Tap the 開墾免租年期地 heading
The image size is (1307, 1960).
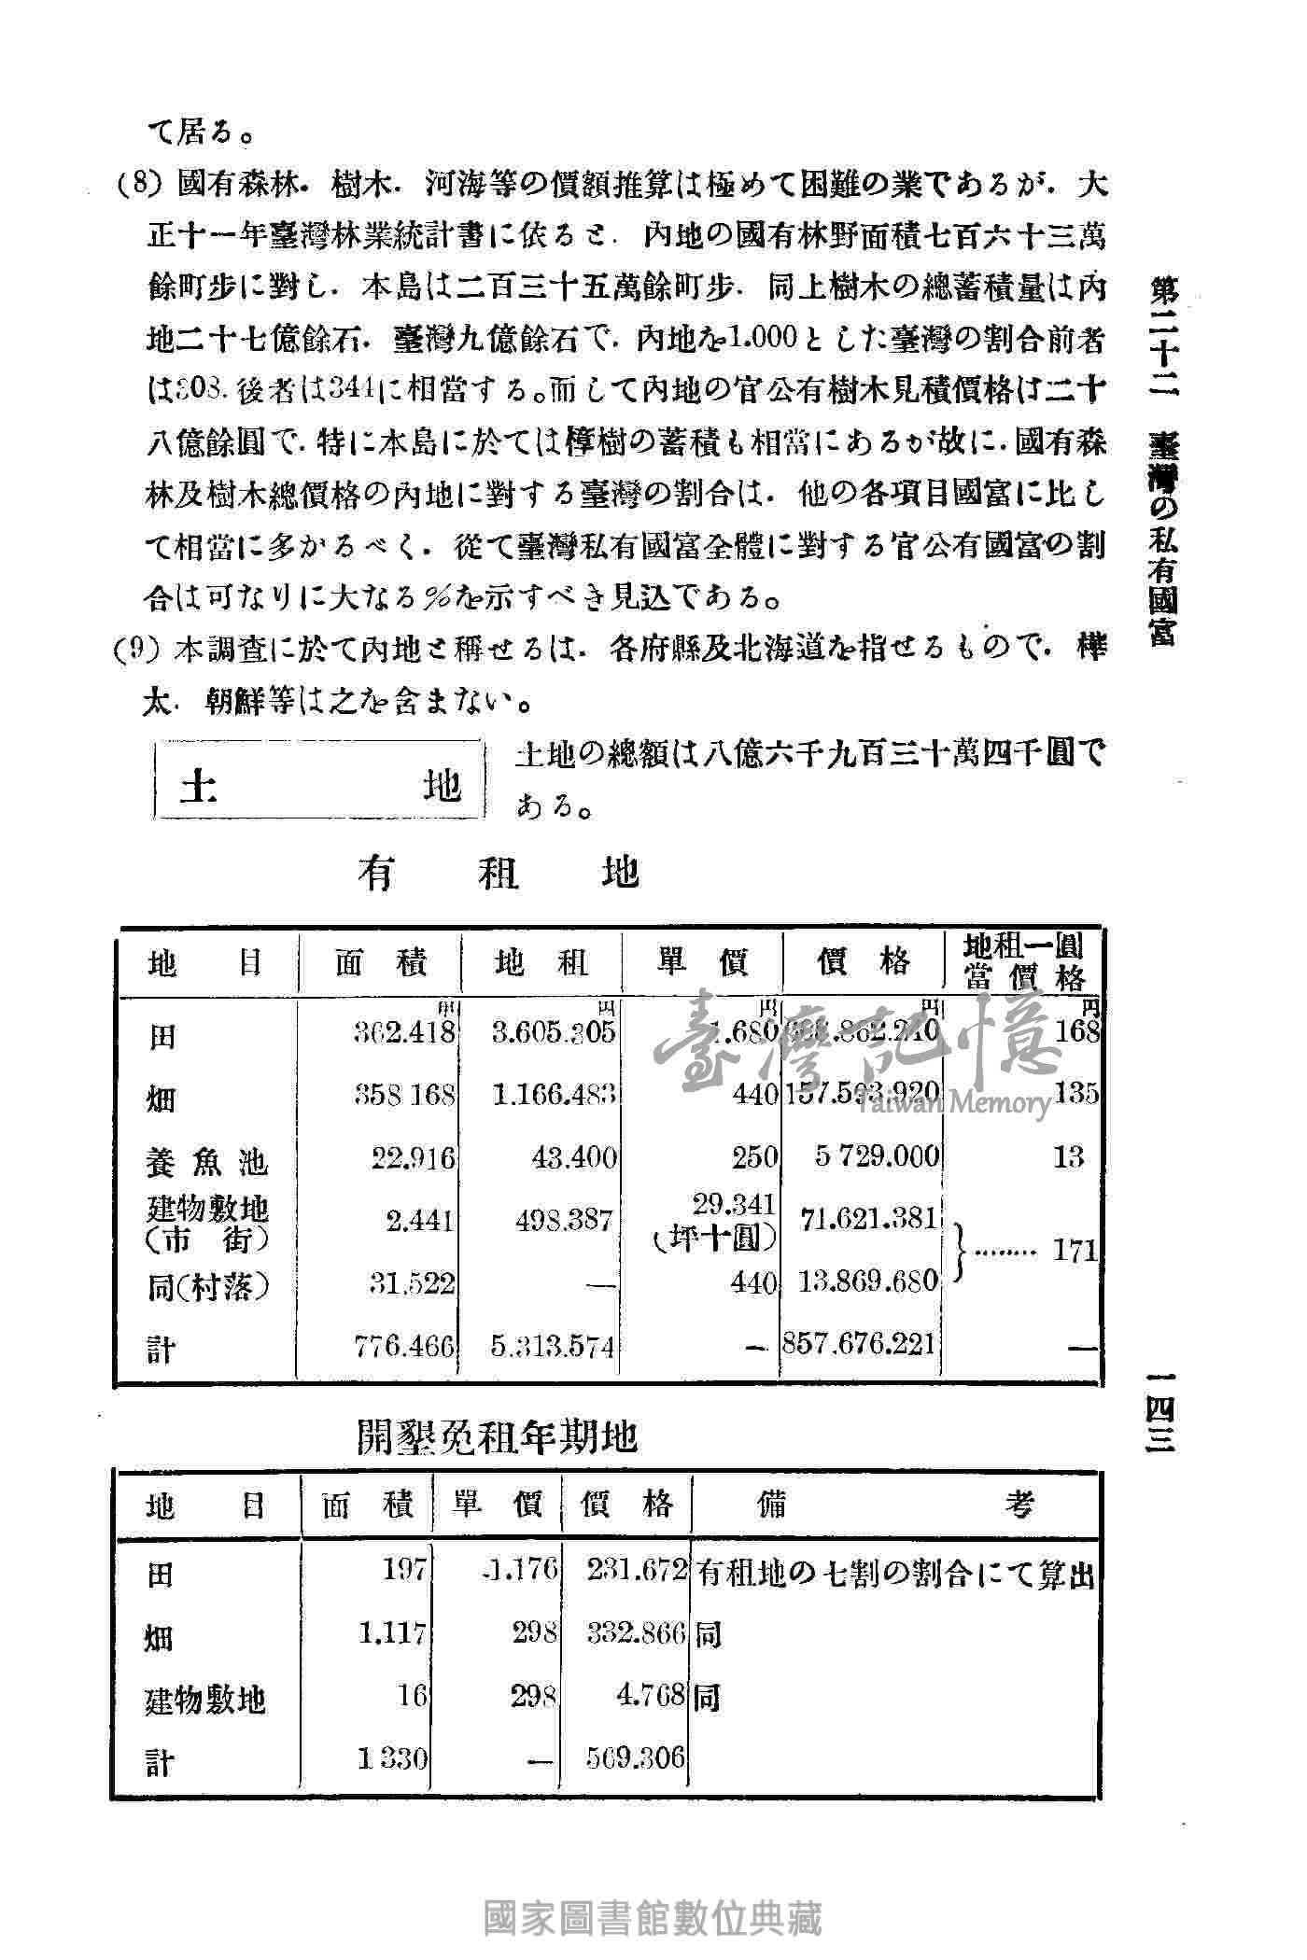(497, 1438)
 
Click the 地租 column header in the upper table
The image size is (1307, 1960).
(541, 962)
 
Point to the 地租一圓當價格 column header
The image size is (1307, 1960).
(1024, 962)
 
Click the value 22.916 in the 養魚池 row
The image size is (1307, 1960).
(414, 1158)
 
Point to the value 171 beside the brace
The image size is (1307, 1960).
(1075, 1251)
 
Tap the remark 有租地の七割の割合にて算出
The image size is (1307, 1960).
(893, 1575)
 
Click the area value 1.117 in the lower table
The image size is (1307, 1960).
(392, 1632)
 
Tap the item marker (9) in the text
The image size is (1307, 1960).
(133, 648)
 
